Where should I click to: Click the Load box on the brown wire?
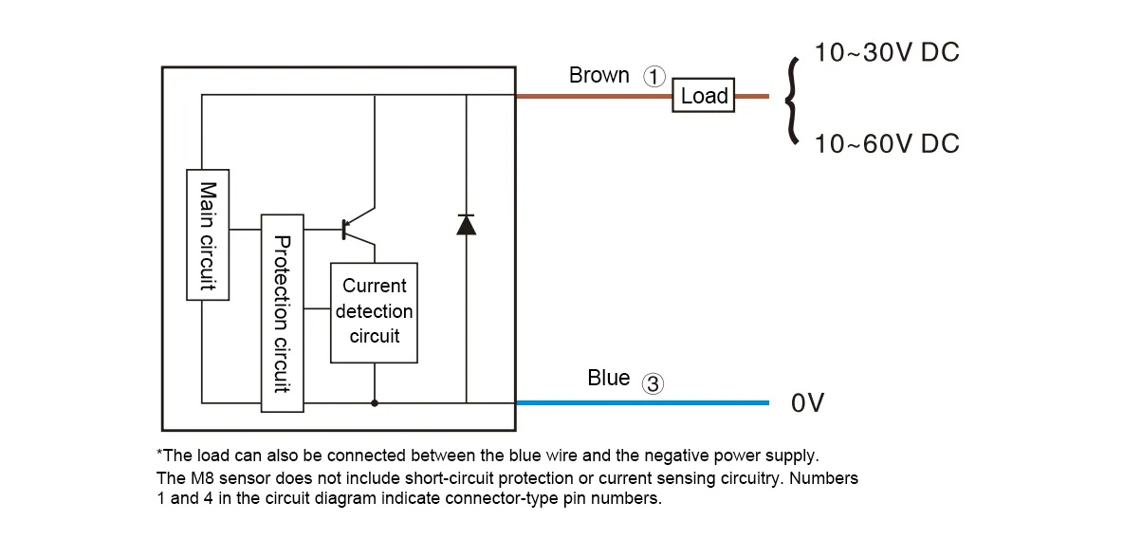tap(704, 96)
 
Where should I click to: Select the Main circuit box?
tap(209, 234)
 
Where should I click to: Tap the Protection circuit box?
tap(282, 313)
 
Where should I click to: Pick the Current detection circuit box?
tap(374, 312)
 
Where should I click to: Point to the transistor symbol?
tap(356, 228)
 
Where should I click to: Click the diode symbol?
tap(466, 225)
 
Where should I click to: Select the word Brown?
tap(598, 75)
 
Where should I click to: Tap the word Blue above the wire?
tap(608, 378)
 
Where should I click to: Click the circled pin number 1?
tap(654, 77)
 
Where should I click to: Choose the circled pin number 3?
tap(653, 383)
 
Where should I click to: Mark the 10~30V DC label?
tap(887, 52)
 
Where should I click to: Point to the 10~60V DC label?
tap(887, 143)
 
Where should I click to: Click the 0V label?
tap(808, 403)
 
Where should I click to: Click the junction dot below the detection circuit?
tap(375, 402)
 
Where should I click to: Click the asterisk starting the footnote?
tap(160, 455)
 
